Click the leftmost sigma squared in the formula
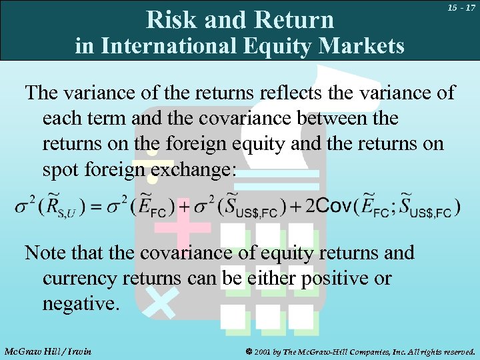(x=23, y=205)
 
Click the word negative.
(x=80, y=305)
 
